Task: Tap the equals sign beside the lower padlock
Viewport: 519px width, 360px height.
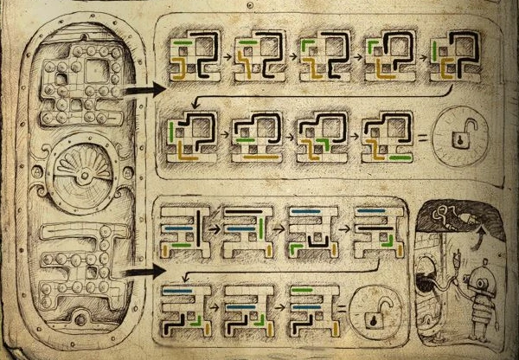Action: pos(344,306)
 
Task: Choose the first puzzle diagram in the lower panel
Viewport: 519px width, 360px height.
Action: pos(183,229)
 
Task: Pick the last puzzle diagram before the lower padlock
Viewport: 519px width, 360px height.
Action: pos(310,308)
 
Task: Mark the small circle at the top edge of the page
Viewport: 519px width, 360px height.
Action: pos(249,4)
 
